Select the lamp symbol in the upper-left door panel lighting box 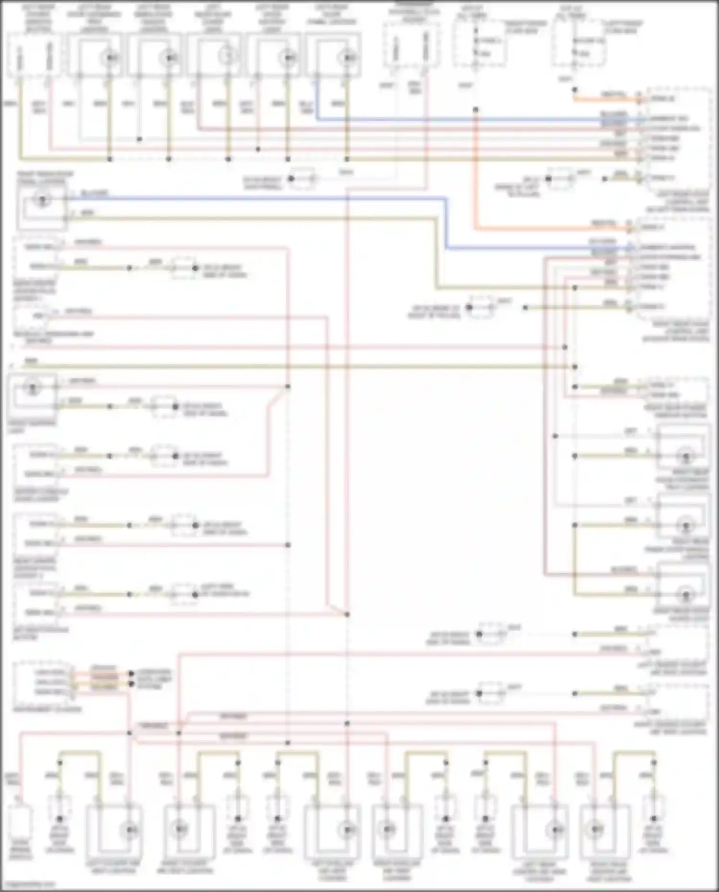[x=42, y=200]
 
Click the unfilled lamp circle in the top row [x=227, y=57]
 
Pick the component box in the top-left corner [x=34, y=55]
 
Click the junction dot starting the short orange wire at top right [x=575, y=90]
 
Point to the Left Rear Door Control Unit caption [x=677, y=202]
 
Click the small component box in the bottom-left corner [x=20, y=821]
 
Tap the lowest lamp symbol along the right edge [x=685, y=594]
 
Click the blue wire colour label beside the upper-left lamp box [x=94, y=193]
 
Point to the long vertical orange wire [x=475, y=168]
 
